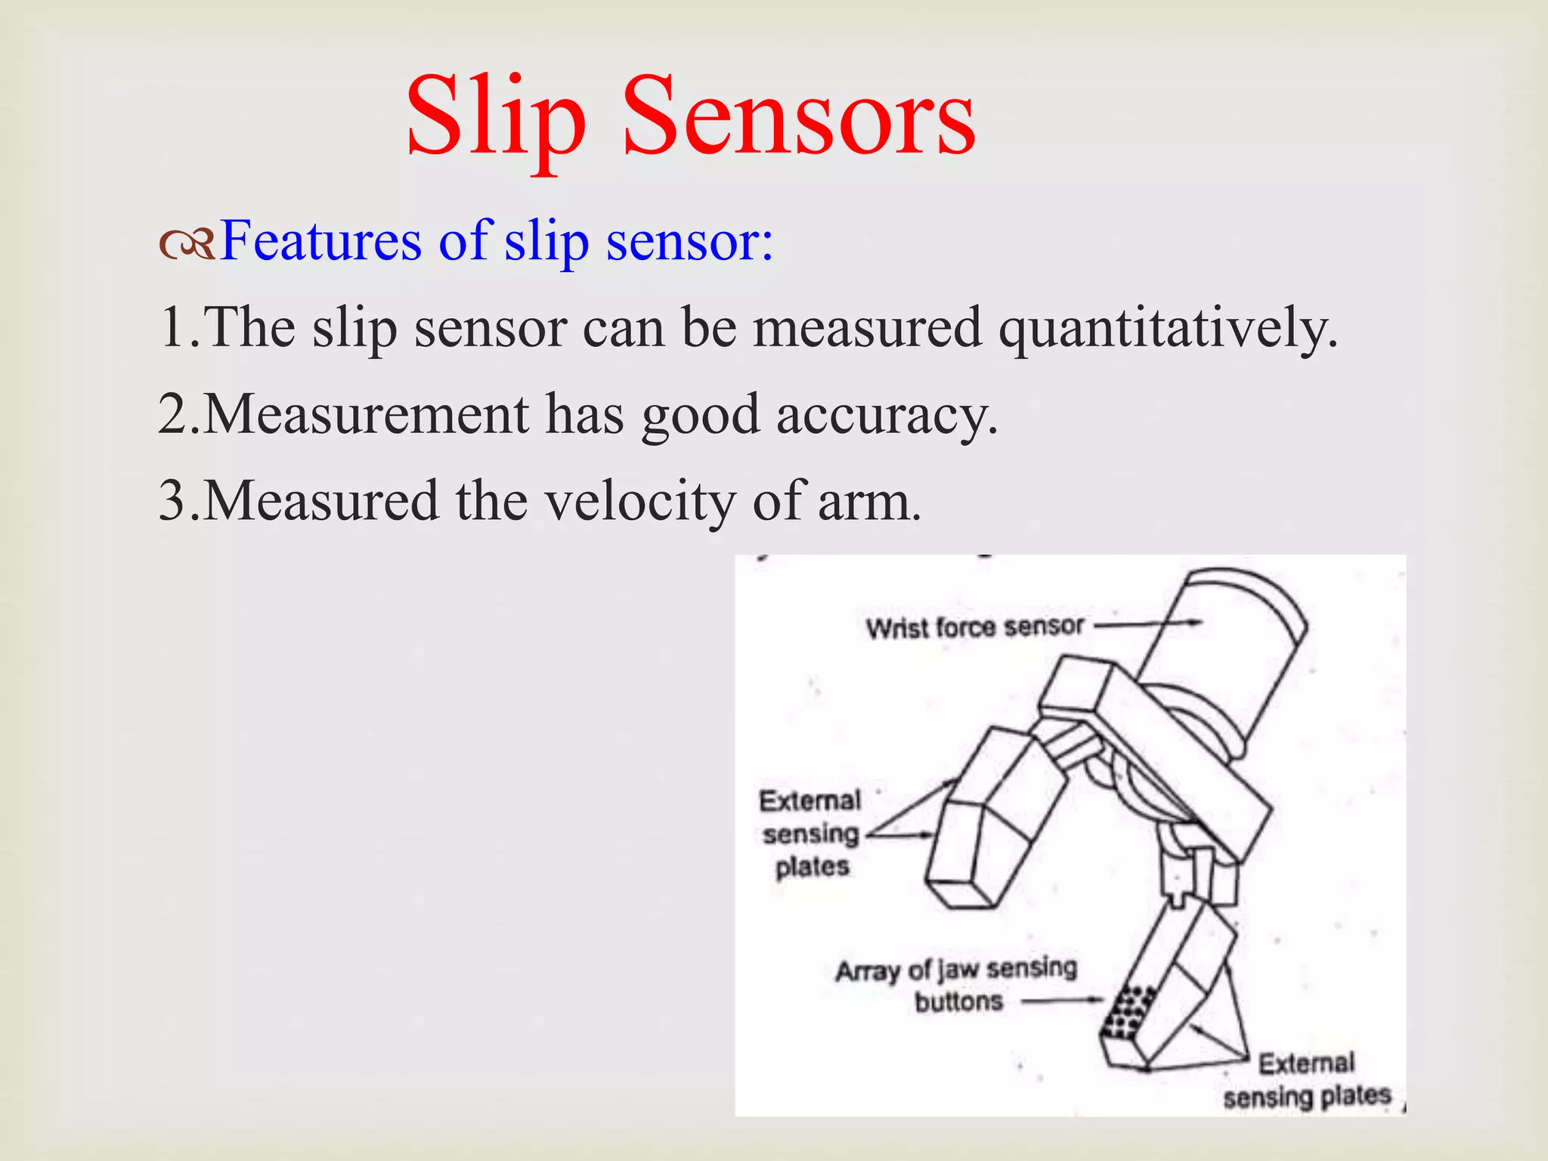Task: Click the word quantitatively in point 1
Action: [x=1168, y=330]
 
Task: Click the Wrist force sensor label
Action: [x=974, y=627]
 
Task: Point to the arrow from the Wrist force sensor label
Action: [x=1149, y=624]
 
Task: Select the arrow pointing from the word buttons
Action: [x=1063, y=1001]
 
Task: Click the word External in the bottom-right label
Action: [x=1305, y=1063]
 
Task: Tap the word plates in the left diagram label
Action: [x=812, y=867]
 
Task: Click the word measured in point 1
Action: [x=867, y=328]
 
